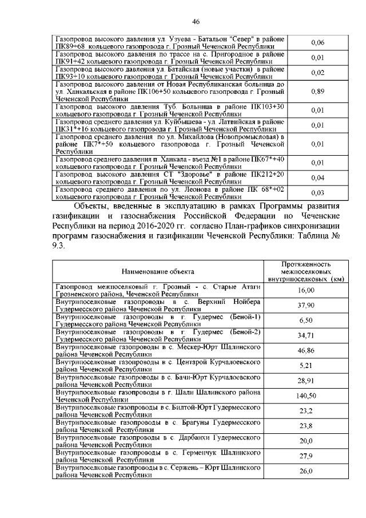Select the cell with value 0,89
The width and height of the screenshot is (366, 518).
(x=317, y=92)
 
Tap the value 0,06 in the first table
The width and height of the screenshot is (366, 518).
(x=317, y=43)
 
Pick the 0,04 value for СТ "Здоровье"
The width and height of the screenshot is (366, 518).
(x=317, y=178)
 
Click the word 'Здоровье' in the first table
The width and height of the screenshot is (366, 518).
(x=186, y=173)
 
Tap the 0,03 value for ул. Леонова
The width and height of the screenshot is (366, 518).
(x=317, y=193)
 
